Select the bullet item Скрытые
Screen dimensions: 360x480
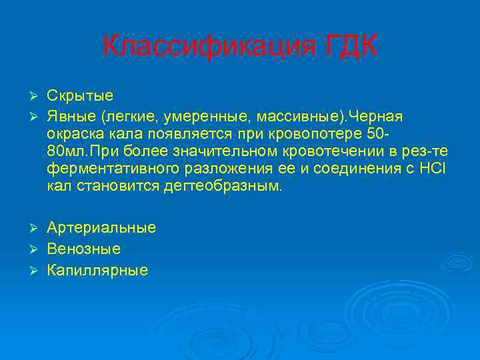coord(80,95)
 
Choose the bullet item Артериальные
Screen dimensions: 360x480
coord(101,228)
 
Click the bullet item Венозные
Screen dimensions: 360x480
coord(83,249)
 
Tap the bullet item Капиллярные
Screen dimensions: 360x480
coord(97,271)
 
